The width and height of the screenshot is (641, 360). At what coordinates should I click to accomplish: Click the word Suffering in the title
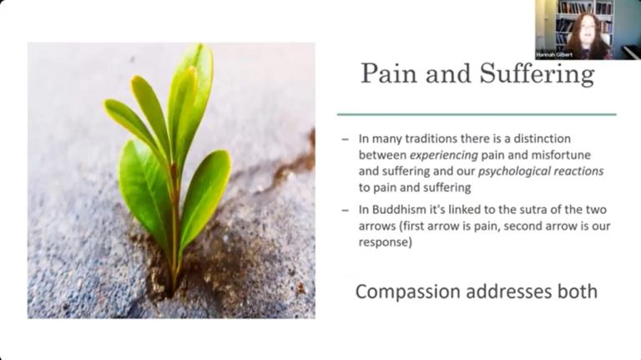(x=537, y=74)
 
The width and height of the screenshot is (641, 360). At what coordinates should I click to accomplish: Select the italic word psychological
(x=509, y=171)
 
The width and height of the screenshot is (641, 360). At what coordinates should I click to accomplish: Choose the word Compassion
(x=406, y=292)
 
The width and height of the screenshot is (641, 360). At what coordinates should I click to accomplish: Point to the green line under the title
(x=477, y=114)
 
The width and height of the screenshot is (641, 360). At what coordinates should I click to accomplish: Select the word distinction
(x=555, y=139)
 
